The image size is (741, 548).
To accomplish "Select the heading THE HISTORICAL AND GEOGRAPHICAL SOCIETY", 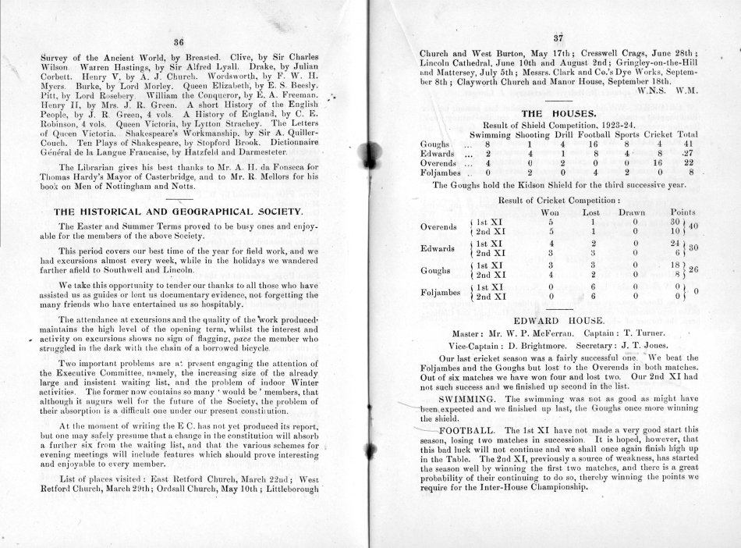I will click(x=179, y=212).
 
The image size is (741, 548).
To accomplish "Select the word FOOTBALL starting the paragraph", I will click(x=468, y=430).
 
